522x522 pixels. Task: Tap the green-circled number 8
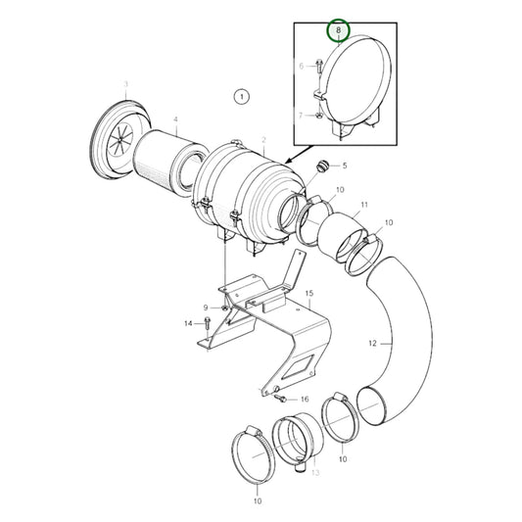338,31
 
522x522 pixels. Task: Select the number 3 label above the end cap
125,85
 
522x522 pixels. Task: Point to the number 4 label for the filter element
175,121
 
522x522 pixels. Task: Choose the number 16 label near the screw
305,400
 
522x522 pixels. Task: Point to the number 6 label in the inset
302,66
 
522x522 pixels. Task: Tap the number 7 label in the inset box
302,117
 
